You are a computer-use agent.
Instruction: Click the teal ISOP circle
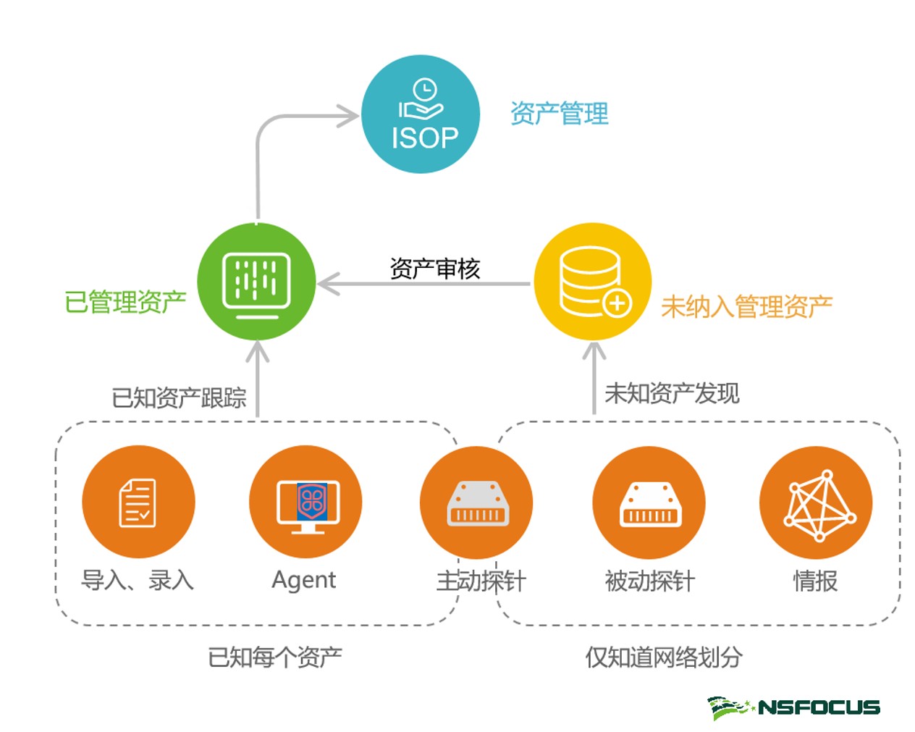(421, 114)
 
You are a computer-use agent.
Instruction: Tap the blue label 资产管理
(559, 114)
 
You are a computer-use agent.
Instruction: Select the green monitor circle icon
(256, 282)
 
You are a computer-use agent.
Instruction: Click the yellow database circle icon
(592, 282)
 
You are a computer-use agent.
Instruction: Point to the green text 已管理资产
(125, 302)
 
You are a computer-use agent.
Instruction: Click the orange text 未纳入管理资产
(746, 307)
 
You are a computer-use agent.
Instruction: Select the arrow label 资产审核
(434, 269)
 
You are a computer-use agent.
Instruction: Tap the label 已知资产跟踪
(179, 397)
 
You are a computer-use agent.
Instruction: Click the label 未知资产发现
(672, 393)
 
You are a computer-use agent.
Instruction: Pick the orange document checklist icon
(138, 502)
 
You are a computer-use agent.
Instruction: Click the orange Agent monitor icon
(305, 502)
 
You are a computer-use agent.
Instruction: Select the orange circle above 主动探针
(476, 502)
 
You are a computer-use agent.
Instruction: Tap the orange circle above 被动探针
(649, 502)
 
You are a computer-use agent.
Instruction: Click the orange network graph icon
(816, 502)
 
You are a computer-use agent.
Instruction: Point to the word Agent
(303, 580)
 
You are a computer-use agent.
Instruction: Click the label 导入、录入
(138, 580)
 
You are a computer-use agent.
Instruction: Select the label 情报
(815, 581)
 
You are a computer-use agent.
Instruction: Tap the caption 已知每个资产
(275, 657)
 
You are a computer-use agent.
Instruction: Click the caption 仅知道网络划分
(664, 657)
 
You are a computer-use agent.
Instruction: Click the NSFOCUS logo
(794, 707)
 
